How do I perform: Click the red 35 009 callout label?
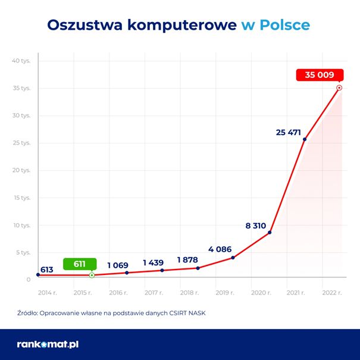point(319,75)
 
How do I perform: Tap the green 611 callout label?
point(79,264)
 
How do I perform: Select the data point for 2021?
point(305,139)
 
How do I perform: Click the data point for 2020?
point(270,232)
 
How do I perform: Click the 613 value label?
point(47,270)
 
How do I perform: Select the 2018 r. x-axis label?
point(189,293)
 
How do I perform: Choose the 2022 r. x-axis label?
point(331,293)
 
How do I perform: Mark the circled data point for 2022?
point(339,87)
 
